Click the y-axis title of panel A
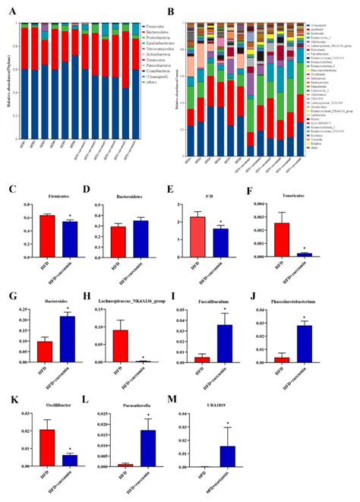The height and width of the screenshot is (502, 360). click(x=9, y=68)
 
